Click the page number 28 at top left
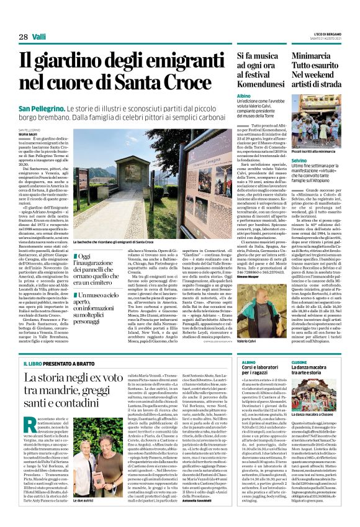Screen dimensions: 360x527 23,37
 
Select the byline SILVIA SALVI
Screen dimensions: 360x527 28,133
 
